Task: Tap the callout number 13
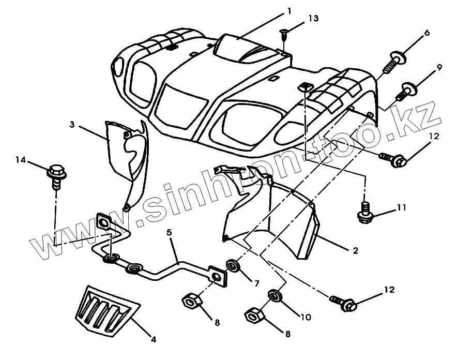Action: (313, 18)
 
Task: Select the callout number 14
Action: (21, 160)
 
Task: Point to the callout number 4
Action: (153, 339)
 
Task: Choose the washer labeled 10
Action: (274, 296)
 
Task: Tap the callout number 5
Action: (169, 233)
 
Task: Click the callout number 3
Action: (72, 124)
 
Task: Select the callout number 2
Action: (355, 251)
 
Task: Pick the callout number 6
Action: (427, 33)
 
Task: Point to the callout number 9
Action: (439, 67)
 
